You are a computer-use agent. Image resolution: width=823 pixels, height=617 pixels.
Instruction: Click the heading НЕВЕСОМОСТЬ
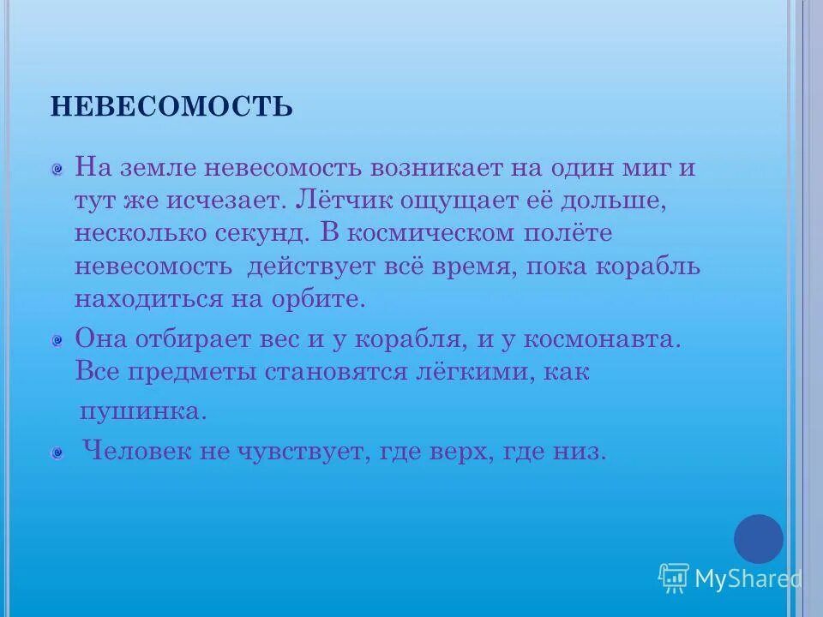point(171,107)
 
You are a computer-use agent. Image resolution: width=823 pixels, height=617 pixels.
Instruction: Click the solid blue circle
point(758,539)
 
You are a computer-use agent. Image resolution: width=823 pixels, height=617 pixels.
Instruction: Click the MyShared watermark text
point(748,579)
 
